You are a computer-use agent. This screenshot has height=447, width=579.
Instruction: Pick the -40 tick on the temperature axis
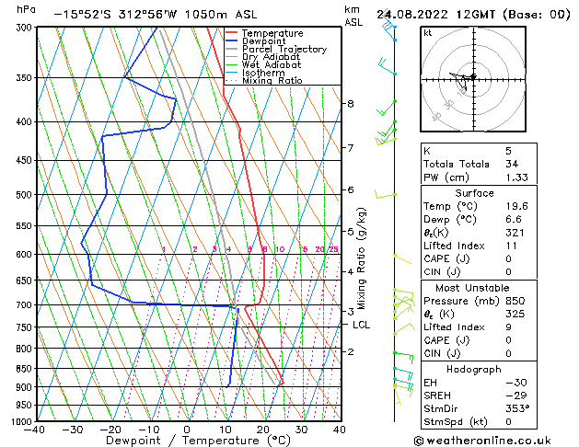tap(35, 429)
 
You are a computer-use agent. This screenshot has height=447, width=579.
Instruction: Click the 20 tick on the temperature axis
tap(263, 429)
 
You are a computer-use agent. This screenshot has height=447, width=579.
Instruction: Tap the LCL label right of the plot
tap(361, 325)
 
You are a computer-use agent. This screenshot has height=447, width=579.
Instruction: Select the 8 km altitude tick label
tap(350, 104)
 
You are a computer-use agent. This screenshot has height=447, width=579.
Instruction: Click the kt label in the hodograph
tap(428, 34)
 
